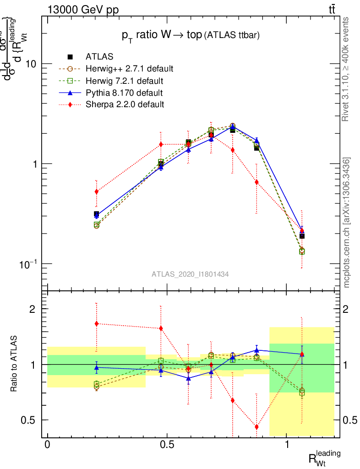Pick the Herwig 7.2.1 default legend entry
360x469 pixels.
pyautogui.click(x=124, y=81)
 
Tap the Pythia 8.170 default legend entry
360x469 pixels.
pyautogui.click(x=124, y=93)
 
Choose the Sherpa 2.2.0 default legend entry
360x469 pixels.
pyautogui.click(x=125, y=104)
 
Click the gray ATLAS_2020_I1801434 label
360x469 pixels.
pyautogui.click(x=190, y=274)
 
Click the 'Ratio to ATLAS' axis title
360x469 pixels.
pyautogui.click(x=14, y=364)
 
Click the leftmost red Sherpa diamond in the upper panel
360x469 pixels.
pyautogui.click(x=96, y=191)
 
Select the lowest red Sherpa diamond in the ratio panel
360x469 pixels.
pyautogui.click(x=256, y=427)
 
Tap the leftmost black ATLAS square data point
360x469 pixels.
pyautogui.click(x=96, y=214)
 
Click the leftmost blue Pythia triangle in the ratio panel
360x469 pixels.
pyautogui.click(x=96, y=367)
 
